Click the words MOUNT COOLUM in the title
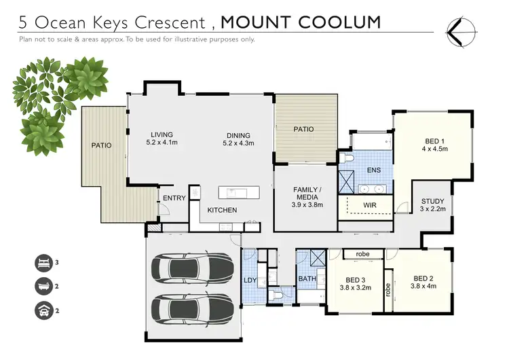[301, 22]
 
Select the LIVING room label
[162, 139]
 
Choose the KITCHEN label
[222, 210]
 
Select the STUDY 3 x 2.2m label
[432, 205]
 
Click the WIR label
[370, 204]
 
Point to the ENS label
[373, 169]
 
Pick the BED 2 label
[423, 282]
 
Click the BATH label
[307, 279]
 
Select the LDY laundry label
[250, 281]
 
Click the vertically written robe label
[388, 290]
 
